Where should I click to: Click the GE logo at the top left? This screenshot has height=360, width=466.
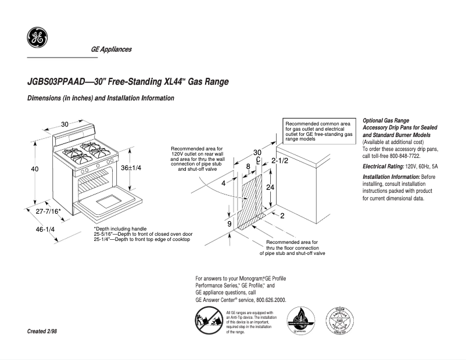37,38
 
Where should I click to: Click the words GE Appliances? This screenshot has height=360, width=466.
111,49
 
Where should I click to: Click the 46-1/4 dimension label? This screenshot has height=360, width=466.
45,229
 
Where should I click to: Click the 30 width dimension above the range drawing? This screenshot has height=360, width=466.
64,124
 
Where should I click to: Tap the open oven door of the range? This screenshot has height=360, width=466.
108,203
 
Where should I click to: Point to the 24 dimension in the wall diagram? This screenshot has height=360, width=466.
270,188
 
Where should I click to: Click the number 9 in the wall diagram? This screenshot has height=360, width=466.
230,224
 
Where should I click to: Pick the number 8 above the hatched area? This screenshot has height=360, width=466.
248,167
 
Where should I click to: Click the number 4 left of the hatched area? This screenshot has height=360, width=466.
223,183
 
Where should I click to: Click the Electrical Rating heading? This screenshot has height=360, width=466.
382,167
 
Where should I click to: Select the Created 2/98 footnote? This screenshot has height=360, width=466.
42,331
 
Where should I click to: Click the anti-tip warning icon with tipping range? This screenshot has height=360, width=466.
206,321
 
